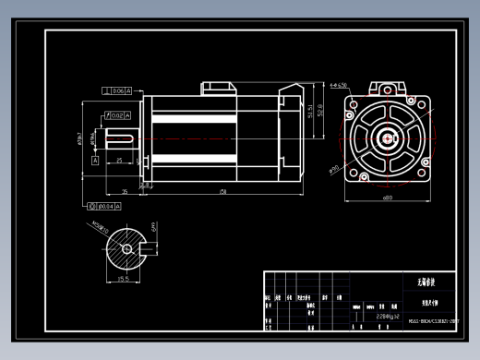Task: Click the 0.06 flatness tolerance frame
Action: click(117, 90)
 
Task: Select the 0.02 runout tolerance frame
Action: click(118, 115)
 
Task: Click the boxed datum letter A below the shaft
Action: click(94, 160)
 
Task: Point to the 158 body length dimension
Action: click(222, 192)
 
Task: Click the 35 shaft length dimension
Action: click(125, 192)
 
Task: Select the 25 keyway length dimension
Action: click(119, 161)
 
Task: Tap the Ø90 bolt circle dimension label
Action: click(333, 169)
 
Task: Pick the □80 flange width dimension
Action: click(387, 198)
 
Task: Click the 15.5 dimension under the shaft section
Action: click(123, 278)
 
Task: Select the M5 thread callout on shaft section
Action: click(100, 229)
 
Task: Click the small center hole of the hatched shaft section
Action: click(125, 247)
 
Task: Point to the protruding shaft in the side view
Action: click(122, 139)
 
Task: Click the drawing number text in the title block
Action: click(433, 322)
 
